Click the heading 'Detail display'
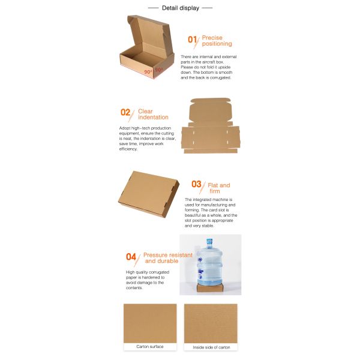click(180, 8)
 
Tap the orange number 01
click(192, 40)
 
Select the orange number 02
click(125, 112)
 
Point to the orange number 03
click(196, 184)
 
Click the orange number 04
click(131, 257)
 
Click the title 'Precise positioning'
click(217, 41)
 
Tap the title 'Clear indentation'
click(153, 114)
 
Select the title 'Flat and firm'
click(219, 188)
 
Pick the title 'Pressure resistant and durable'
click(168, 258)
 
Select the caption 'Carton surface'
click(149, 347)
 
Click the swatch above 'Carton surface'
click(149, 323)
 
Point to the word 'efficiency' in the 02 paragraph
click(130, 149)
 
